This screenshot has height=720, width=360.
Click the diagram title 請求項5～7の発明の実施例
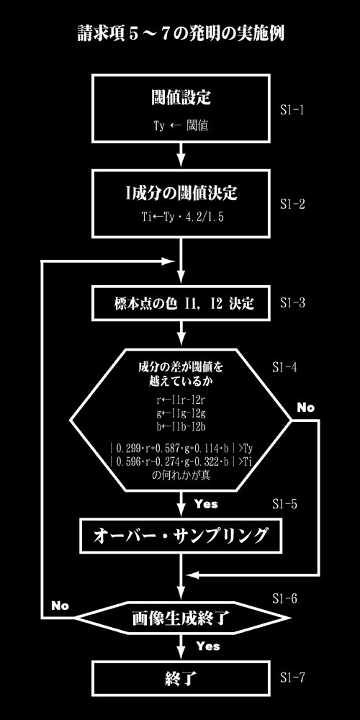pyautogui.click(x=181, y=35)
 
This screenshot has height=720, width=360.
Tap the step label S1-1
pyautogui.click(x=292, y=111)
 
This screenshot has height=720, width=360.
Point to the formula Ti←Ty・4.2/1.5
pyautogui.click(x=182, y=217)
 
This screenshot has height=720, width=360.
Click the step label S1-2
pyautogui.click(x=292, y=204)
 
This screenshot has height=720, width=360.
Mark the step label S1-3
pyautogui.click(x=292, y=304)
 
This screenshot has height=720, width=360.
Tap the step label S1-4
pyautogui.click(x=284, y=368)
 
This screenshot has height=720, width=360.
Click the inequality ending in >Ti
pyautogui.click(x=181, y=462)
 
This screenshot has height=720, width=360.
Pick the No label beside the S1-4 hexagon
pyautogui.click(x=306, y=408)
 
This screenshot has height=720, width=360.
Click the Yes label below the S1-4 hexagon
pyautogui.click(x=206, y=504)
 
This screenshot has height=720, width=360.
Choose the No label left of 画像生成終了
pyautogui.click(x=60, y=606)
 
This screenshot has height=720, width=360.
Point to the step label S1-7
pyautogui.click(x=292, y=678)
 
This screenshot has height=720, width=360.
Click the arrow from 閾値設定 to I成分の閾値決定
pyautogui.click(x=181, y=156)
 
